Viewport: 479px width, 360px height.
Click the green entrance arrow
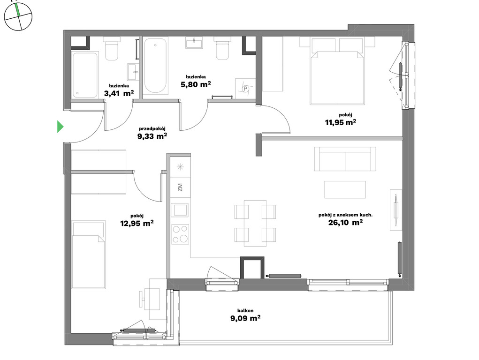[x=60, y=127]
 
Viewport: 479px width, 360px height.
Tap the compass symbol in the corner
[x=18, y=16]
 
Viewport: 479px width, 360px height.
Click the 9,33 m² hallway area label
[x=152, y=136]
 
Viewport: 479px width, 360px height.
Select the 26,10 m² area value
[x=345, y=222]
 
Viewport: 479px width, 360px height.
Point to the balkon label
[x=245, y=310]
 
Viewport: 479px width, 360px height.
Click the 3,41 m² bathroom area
[x=119, y=93]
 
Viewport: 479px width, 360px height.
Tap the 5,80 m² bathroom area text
[x=196, y=84]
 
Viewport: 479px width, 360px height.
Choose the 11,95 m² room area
[x=340, y=122]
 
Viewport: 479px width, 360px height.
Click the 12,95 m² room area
[x=137, y=223]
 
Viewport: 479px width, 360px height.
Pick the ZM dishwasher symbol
[x=180, y=187]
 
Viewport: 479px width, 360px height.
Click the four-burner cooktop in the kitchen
[x=180, y=234]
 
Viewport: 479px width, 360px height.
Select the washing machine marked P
[x=245, y=89]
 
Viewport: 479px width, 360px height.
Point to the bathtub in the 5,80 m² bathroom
[x=155, y=65]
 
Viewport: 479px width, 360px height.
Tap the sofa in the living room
[x=345, y=159]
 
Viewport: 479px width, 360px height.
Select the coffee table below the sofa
[x=345, y=190]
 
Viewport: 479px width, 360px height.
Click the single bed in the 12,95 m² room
[x=89, y=255]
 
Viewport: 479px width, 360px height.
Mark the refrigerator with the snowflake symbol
[x=180, y=167]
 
